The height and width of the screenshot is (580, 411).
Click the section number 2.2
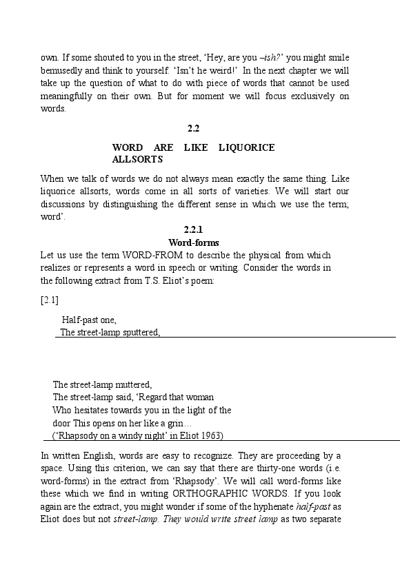click(x=194, y=129)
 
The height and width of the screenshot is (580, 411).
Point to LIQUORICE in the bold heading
click(x=246, y=147)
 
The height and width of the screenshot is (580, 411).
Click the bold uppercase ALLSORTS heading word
click(x=137, y=159)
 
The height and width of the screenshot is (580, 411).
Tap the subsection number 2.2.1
click(x=194, y=229)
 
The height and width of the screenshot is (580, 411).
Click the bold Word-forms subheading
click(x=194, y=242)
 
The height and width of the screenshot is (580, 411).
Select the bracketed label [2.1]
click(x=50, y=300)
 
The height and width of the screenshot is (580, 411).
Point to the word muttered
click(x=130, y=384)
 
